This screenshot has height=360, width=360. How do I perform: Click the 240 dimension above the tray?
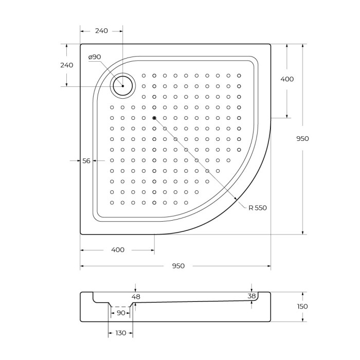pyautogui.click(x=101, y=31)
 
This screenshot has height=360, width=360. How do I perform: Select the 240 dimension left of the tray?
pyautogui.click(x=66, y=65)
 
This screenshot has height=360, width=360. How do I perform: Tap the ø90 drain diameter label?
pyautogui.click(x=95, y=57)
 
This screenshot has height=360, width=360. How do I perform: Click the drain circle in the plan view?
pyautogui.click(x=123, y=85)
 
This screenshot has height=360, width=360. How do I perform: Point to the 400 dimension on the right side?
pyautogui.click(x=287, y=79)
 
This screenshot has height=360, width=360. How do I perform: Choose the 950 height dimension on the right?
pyautogui.click(x=303, y=138)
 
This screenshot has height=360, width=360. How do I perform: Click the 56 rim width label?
pyautogui.click(x=86, y=161)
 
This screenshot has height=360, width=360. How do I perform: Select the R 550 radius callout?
pyautogui.click(x=258, y=208)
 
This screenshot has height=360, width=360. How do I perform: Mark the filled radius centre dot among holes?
pyautogui.click(x=154, y=118)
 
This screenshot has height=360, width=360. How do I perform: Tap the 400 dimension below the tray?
pyautogui.click(x=118, y=250)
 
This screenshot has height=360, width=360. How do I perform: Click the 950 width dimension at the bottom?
pyautogui.click(x=178, y=266)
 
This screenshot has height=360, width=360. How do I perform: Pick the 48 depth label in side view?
pyautogui.click(x=136, y=297)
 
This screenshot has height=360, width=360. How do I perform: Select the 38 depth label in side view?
pyautogui.click(x=251, y=296)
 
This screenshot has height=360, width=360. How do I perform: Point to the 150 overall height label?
pyautogui.click(x=303, y=307)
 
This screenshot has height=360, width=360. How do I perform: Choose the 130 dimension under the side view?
pyautogui.click(x=121, y=333)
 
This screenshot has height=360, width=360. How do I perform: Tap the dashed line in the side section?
pyautogui.click(x=121, y=307)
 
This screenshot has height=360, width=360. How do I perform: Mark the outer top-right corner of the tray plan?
pyautogui.click(x=270, y=45)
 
